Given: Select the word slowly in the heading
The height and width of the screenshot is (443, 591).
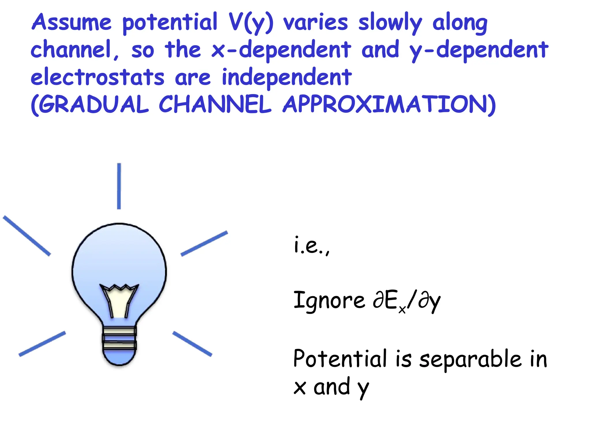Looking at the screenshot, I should pyautogui.click(x=390, y=23).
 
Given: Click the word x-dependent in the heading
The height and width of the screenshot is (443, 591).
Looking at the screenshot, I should pyautogui.click(x=281, y=50).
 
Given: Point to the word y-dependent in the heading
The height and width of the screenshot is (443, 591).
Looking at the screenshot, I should pyautogui.click(x=479, y=50).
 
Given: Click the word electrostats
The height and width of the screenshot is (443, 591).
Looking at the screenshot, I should pyautogui.click(x=98, y=77).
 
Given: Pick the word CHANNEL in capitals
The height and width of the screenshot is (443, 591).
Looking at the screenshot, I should pyautogui.click(x=215, y=104).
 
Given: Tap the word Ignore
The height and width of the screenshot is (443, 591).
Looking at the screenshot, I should pyautogui.click(x=329, y=301).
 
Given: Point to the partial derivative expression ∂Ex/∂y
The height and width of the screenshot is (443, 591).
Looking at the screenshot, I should pyautogui.click(x=407, y=301).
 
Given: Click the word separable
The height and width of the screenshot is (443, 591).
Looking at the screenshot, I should pyautogui.click(x=470, y=359).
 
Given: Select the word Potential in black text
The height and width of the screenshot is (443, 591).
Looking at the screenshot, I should pyautogui.click(x=340, y=359).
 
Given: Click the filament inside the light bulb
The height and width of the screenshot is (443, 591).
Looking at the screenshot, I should pyautogui.click(x=119, y=300).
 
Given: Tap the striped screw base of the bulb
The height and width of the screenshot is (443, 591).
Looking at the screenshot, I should pyautogui.click(x=119, y=338).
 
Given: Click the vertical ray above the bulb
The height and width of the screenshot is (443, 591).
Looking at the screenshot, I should pyautogui.click(x=119, y=186).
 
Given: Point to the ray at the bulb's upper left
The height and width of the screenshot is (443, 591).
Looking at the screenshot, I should pyautogui.click(x=27, y=236).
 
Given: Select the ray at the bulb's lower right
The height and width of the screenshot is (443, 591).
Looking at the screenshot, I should pyautogui.click(x=192, y=344).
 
